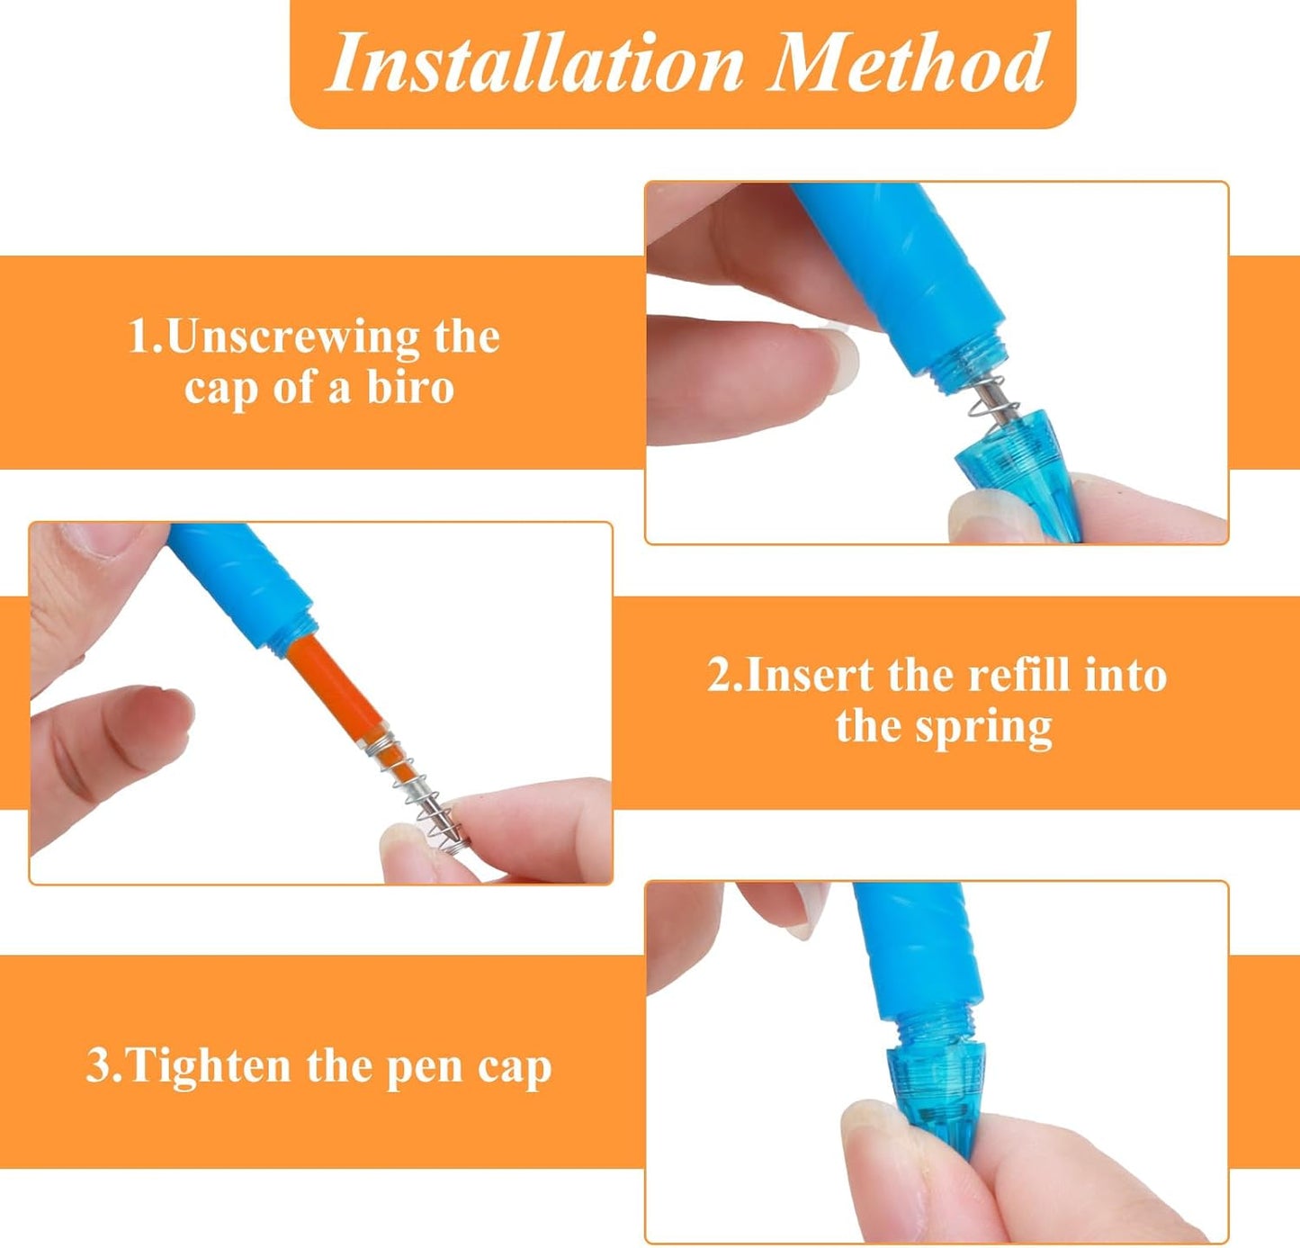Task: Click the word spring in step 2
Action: point(983,727)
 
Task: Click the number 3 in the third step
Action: point(98,1066)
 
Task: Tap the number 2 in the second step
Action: point(720,675)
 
